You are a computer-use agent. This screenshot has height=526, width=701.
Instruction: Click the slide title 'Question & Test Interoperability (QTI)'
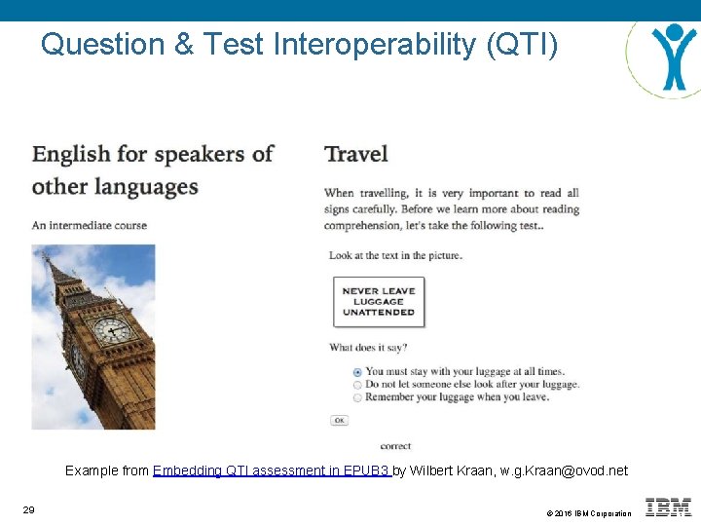(x=299, y=45)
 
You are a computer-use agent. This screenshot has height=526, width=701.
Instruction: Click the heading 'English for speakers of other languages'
(x=153, y=169)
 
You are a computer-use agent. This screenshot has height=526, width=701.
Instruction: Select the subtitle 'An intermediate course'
(x=90, y=225)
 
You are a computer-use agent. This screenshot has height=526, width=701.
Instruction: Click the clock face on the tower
(x=112, y=329)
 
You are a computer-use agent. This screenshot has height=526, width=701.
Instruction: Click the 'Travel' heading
(x=356, y=154)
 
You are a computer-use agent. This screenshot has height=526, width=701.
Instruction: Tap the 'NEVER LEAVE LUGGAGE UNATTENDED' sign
(x=379, y=301)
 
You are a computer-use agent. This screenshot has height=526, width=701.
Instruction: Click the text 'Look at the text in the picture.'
(x=395, y=255)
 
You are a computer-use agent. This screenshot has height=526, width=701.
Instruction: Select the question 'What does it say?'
(x=368, y=347)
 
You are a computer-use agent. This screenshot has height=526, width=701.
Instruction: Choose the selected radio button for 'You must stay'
(x=357, y=371)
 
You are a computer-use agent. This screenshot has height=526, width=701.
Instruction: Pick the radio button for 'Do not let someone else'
(x=357, y=384)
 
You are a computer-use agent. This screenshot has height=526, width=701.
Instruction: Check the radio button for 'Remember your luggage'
(x=357, y=397)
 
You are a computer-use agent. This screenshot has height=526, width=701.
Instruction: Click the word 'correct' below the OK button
(x=395, y=445)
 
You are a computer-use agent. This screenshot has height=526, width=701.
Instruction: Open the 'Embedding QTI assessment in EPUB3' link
(x=272, y=470)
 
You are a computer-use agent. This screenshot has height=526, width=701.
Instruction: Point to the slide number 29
(x=28, y=509)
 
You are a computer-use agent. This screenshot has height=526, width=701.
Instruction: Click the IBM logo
(x=668, y=507)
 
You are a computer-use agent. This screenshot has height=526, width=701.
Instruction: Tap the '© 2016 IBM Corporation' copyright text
(x=588, y=513)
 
